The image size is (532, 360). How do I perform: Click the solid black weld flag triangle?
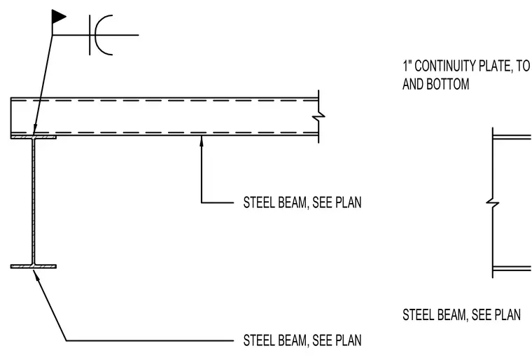coord(57,17)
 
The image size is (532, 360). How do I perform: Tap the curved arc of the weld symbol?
coord(97,34)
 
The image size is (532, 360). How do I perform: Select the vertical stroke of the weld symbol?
coord(90,34)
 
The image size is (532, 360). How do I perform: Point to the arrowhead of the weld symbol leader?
coord(35,130)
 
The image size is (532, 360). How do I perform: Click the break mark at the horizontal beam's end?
coord(318,116)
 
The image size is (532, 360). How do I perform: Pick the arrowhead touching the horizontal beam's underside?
coord(202,141)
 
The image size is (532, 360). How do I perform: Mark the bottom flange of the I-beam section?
coord(34,267)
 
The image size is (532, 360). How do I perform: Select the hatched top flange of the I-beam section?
coord(34,137)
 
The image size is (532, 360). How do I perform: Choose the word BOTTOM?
coord(447,84)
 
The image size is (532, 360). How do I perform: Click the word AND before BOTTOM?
coord(412,84)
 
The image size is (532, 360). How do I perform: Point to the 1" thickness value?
coord(407,66)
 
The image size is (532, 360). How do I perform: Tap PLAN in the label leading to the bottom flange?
coord(349,340)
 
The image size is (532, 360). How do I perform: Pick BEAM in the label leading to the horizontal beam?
coord(293,202)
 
